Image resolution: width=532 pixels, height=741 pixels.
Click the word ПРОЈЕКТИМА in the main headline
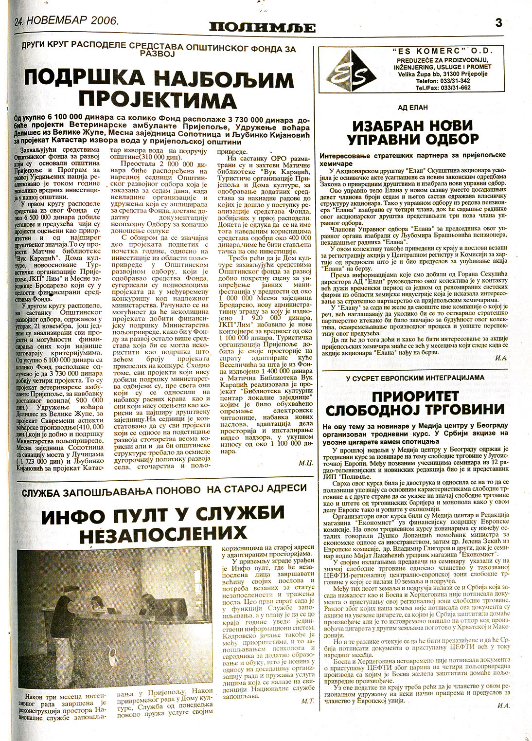click(158, 101)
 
